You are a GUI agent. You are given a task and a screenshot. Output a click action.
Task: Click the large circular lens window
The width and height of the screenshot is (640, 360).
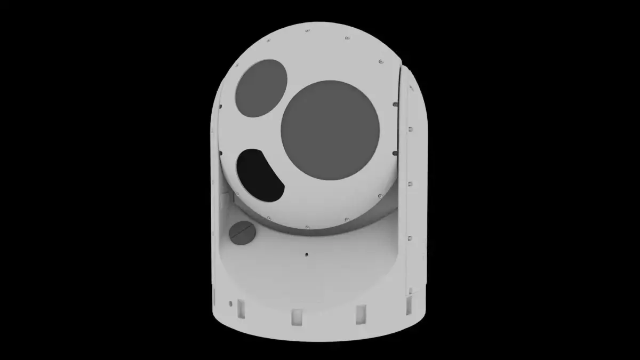[330, 130]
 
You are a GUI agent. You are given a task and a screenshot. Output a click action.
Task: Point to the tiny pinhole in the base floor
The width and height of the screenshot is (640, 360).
[307, 254]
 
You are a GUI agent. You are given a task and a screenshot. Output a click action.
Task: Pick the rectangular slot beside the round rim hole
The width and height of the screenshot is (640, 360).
[241, 308]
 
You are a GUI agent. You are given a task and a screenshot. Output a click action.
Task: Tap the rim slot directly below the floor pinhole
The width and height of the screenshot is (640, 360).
[297, 316]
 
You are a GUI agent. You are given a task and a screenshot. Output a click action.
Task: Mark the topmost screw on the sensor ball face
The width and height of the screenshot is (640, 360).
[307, 31]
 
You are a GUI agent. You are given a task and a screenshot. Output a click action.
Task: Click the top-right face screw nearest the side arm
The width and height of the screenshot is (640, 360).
[380, 62]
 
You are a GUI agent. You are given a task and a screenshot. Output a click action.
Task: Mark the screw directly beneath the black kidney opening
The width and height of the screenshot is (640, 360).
[268, 218]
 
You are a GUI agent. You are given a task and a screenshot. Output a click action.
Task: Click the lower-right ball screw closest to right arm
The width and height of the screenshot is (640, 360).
[380, 196]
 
